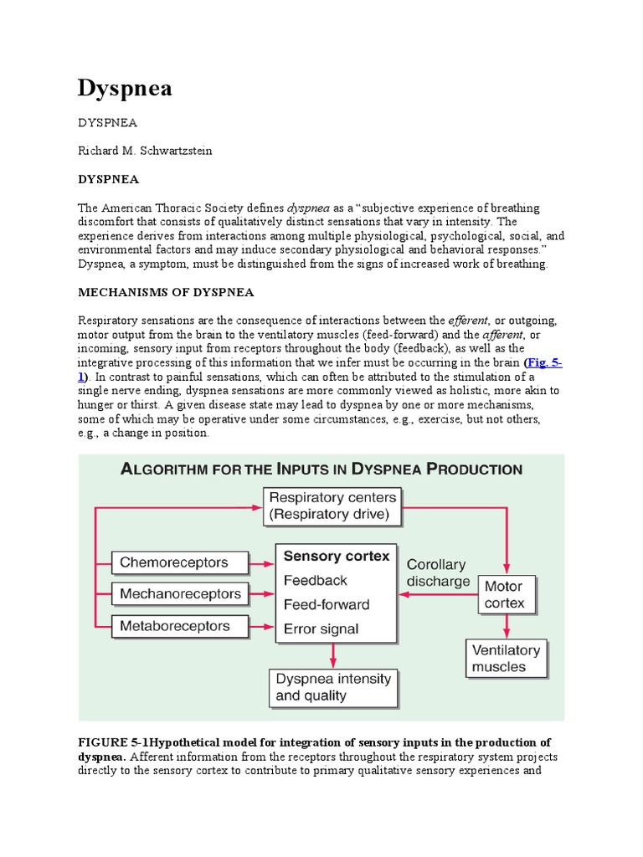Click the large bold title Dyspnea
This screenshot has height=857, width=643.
[125, 89]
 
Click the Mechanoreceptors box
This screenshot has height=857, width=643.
[181, 594]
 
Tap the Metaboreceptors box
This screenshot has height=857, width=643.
[180, 626]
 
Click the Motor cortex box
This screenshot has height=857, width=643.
[505, 594]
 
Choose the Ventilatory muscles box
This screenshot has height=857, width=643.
[506, 659]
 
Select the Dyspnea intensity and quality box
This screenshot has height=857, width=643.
[332, 687]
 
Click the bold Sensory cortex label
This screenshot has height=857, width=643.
[337, 556]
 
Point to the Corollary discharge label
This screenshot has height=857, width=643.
[436, 573]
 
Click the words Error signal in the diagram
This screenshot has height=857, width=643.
[321, 629]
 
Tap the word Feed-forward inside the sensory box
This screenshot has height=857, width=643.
[327, 604]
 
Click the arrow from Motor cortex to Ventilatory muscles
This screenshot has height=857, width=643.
[506, 627]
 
